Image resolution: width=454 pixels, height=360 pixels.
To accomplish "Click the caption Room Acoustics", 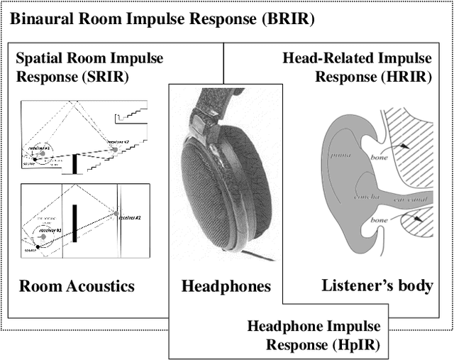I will [x=77, y=286].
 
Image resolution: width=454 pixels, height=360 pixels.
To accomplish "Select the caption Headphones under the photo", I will [x=226, y=286].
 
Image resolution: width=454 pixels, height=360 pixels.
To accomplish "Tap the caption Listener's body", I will [x=377, y=286].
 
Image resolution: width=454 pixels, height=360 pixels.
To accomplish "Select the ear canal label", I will [x=414, y=202].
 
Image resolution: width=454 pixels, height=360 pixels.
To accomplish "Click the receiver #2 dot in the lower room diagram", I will [x=116, y=213].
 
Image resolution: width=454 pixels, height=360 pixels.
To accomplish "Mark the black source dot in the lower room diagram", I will [x=37, y=246].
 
